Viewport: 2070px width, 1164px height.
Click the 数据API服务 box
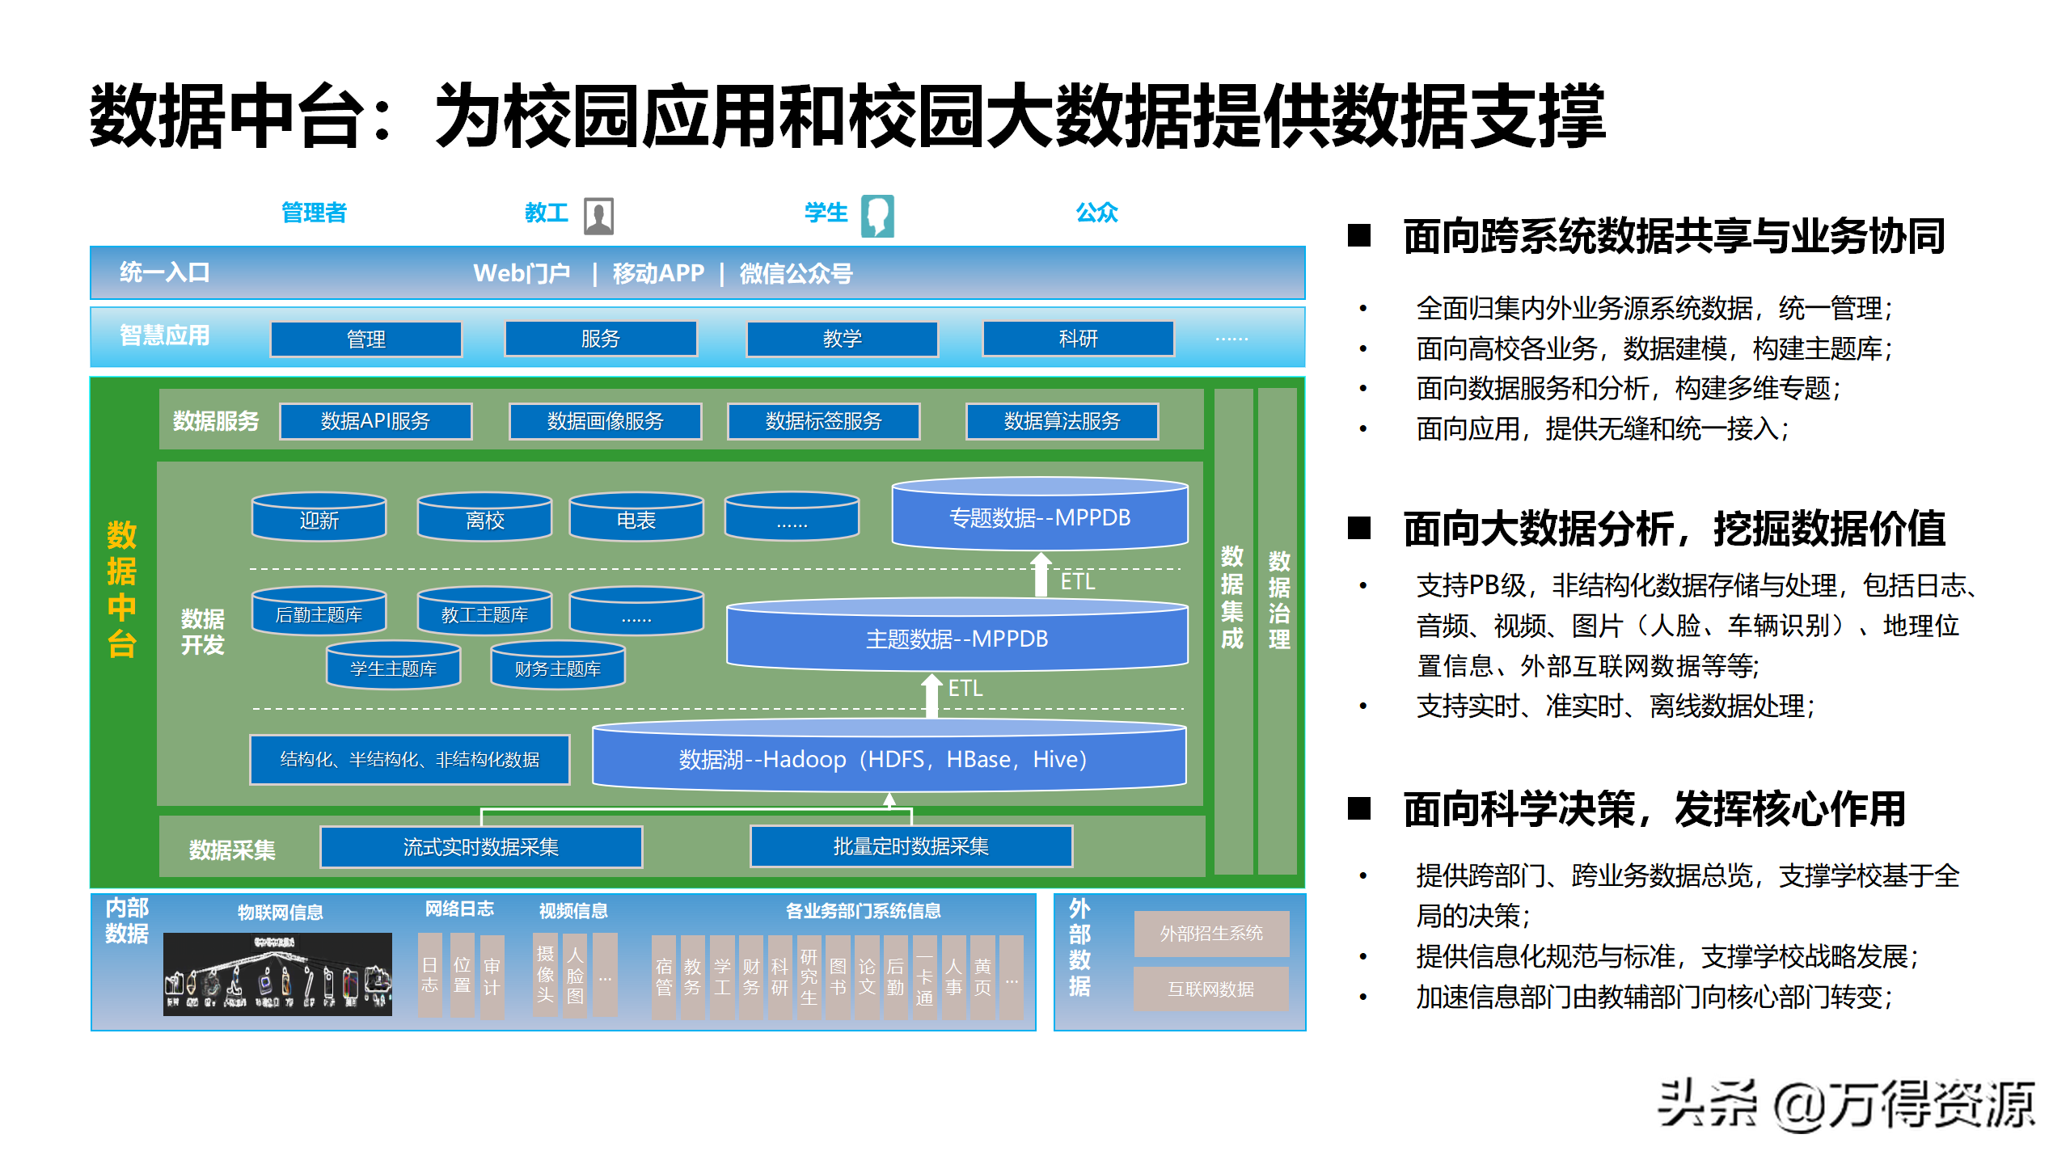point(375,421)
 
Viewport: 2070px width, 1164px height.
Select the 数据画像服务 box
point(605,421)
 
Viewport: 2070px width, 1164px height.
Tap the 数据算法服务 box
point(1062,421)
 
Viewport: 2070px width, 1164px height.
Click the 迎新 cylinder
point(319,517)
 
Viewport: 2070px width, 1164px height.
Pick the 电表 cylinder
point(636,517)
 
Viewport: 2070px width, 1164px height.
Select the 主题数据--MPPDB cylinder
point(957,637)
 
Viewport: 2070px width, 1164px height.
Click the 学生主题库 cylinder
point(393,666)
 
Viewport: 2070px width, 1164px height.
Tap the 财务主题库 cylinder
point(558,666)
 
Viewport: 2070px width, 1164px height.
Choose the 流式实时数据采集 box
point(481,846)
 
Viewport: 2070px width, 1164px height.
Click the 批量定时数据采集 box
point(911,846)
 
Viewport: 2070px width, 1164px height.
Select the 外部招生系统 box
point(1210,934)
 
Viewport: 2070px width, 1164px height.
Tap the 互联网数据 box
point(1210,989)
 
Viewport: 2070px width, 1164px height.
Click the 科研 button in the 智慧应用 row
point(1078,339)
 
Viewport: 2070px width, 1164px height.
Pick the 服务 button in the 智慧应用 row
point(600,339)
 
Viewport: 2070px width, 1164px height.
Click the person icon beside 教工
point(598,216)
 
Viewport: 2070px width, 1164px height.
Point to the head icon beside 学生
point(877,216)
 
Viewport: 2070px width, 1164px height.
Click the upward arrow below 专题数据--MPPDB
point(1041,575)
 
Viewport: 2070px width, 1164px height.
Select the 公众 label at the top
point(1096,213)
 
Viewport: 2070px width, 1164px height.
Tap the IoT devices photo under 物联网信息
point(277,974)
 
